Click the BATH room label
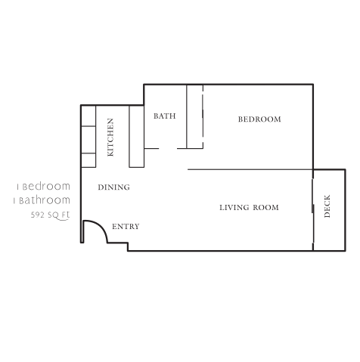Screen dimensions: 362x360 coord(164,116)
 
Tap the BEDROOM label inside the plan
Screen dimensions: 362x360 coord(259,119)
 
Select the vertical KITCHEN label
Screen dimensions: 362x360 coord(110,137)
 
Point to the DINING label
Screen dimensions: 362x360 coord(113,187)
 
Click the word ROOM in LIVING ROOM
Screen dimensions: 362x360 coord(267,208)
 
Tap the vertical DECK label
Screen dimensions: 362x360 coord(327,207)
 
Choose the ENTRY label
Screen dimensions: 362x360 coord(125,227)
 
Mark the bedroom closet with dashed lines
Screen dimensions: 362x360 coord(195,117)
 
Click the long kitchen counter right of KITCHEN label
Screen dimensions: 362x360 coord(136,136)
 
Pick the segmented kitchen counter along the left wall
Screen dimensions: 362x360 coord(88,136)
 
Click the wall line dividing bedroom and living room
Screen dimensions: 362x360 coord(250,169)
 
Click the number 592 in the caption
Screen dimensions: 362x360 coord(37,215)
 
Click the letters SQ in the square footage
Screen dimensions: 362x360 coord(52,215)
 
